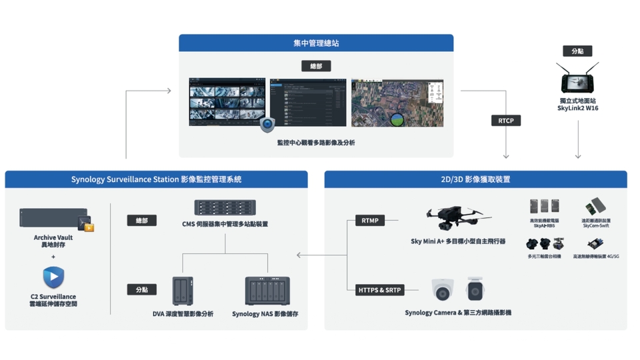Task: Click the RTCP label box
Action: pyautogui.click(x=505, y=121)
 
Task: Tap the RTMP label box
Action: pyautogui.click(x=370, y=221)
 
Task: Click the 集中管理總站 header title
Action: pyautogui.click(x=315, y=43)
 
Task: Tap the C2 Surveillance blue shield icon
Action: pyautogui.click(x=53, y=277)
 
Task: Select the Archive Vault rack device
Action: pyautogui.click(x=53, y=219)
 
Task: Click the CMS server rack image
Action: pyautogui.click(x=225, y=207)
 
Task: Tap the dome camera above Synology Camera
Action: pyautogui.click(x=443, y=289)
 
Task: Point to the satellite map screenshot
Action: pyautogui.click(x=397, y=103)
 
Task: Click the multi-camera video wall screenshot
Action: pyautogui.click(x=227, y=102)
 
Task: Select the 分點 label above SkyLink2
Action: pyautogui.click(x=577, y=51)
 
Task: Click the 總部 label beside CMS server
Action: pyautogui.click(x=141, y=220)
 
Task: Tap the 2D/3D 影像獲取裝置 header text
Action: pyautogui.click(x=475, y=179)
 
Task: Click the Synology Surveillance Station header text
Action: pyautogui.click(x=156, y=179)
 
